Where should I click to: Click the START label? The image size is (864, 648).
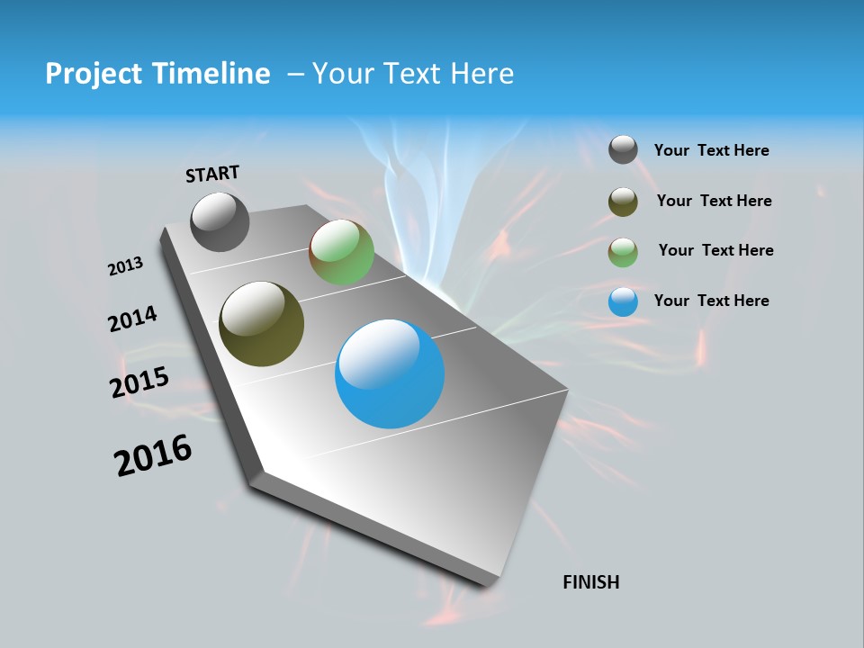click(x=212, y=174)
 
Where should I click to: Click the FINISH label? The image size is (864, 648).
click(x=591, y=582)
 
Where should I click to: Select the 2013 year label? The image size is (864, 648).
click(x=125, y=266)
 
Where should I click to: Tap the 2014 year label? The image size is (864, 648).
click(x=133, y=319)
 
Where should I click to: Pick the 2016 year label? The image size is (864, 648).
click(x=153, y=455)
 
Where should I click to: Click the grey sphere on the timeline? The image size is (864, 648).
click(x=220, y=221)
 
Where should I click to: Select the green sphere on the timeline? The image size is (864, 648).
click(x=341, y=253)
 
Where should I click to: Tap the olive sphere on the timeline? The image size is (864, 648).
click(x=261, y=324)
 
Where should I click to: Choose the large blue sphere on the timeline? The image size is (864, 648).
click(x=390, y=373)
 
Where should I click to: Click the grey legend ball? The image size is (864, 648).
click(x=623, y=149)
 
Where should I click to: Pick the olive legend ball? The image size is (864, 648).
click(x=623, y=202)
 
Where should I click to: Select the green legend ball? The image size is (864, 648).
click(x=623, y=252)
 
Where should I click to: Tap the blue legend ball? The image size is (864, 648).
click(x=623, y=301)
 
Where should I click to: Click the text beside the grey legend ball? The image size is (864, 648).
click(x=711, y=150)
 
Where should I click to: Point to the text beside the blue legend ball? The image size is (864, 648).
click(x=711, y=301)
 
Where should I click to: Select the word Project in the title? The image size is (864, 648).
click(x=92, y=74)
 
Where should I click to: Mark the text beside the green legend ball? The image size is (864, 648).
click(x=715, y=250)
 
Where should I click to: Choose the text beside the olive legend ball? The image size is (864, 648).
click(x=714, y=201)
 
